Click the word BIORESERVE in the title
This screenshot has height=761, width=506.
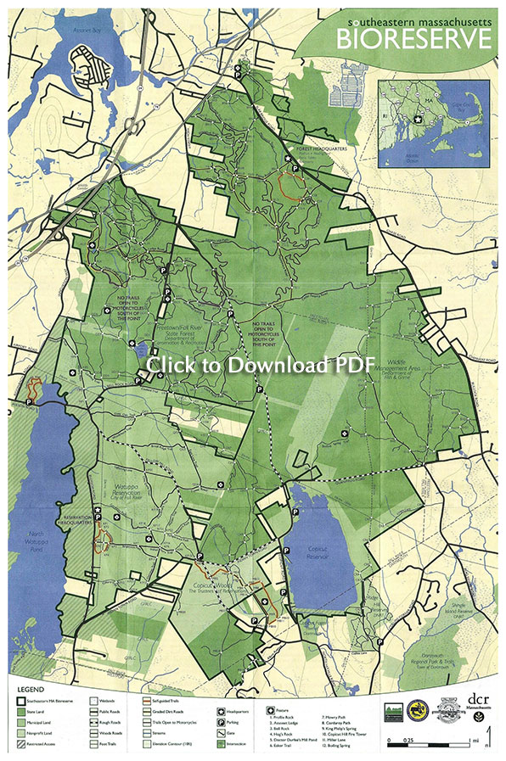click(413, 38)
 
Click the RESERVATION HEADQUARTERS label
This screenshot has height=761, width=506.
click(78, 519)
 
